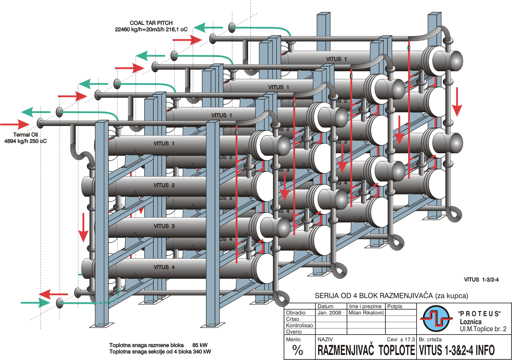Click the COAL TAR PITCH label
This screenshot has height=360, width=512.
151,23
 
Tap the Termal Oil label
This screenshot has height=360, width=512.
25,134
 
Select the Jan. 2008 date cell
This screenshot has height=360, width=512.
329,312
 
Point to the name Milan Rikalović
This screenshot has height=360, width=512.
366,312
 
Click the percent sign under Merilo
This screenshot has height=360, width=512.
297,350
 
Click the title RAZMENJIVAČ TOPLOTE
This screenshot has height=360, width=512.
366,350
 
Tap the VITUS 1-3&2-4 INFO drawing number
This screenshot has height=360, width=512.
457,350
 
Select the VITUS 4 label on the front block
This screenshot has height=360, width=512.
164,267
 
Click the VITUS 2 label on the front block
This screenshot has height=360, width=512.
164,185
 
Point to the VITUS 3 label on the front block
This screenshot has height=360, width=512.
164,226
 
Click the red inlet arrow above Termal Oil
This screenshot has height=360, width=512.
15,124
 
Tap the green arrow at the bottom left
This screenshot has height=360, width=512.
35,303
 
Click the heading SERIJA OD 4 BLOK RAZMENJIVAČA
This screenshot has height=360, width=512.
391,296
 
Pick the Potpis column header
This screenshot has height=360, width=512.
394,306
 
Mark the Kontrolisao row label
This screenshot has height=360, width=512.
299,325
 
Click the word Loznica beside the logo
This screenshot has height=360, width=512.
470,322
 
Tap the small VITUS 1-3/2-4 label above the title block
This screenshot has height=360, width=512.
481,280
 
